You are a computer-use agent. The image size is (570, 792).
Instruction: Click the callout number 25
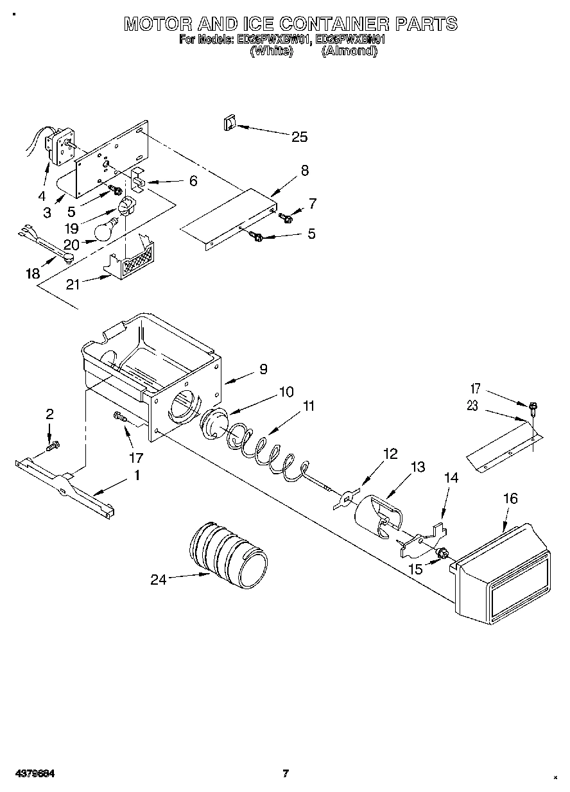coord(299,137)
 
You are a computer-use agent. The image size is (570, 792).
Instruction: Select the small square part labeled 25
coord(229,124)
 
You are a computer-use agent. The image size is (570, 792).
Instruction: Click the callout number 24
coord(159,580)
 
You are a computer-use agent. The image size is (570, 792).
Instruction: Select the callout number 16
coord(510,499)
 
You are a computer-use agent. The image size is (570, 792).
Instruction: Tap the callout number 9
coord(263,369)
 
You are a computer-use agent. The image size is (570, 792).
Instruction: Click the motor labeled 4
coord(59,146)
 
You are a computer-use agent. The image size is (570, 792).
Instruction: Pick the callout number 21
coord(73,284)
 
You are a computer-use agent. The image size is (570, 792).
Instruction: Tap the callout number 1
coord(136,476)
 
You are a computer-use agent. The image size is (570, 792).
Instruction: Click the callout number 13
coord(417,467)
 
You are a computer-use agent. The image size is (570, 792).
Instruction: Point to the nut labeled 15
coord(442,553)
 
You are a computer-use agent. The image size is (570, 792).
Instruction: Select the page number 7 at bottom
coord(286,773)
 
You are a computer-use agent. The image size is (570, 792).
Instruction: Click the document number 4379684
coord(31,773)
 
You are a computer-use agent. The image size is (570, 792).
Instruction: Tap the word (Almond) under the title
coord(349,51)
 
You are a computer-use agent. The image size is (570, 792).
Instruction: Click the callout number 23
coord(473,406)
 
